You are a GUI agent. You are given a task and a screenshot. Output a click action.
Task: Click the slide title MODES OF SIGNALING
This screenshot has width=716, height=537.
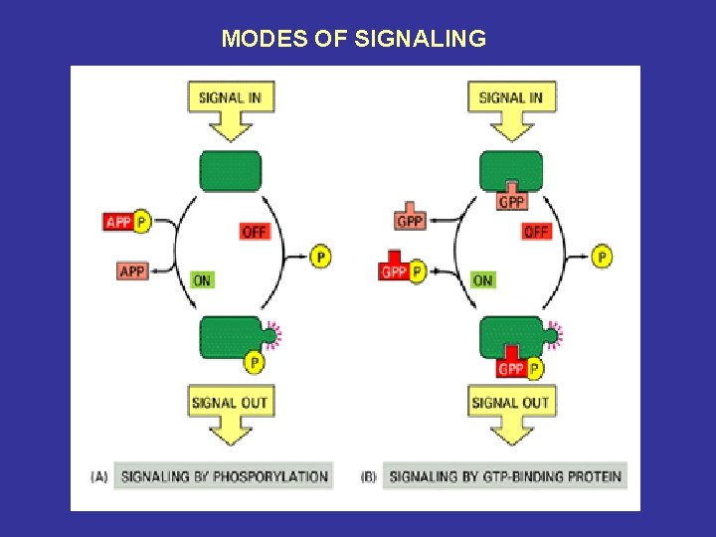353,39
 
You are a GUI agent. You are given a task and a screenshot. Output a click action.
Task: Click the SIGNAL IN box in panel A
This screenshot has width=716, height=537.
231,97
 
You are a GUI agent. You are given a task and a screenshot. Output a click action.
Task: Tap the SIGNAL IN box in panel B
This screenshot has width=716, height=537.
511,97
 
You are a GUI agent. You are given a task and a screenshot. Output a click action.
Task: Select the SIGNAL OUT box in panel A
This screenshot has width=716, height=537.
230,402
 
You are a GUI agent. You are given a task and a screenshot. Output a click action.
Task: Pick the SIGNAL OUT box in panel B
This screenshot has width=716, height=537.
510,402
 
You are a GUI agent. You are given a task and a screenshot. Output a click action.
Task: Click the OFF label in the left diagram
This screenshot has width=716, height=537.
255,231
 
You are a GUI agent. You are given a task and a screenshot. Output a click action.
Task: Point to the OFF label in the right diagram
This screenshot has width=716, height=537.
536,231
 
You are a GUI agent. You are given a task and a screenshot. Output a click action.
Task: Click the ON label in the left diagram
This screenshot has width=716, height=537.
202,280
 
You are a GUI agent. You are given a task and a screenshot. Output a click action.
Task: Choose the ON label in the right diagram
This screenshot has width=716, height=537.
482,280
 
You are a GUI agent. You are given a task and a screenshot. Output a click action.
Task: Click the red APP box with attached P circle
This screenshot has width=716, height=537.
118,222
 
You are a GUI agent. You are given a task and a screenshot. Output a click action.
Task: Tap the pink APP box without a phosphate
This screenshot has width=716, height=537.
132,270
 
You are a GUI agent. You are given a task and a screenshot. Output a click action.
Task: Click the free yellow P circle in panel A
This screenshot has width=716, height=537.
320,257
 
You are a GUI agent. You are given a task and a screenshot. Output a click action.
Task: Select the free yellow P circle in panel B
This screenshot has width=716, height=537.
602,257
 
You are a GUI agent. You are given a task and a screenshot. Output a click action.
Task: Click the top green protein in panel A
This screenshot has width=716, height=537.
231,170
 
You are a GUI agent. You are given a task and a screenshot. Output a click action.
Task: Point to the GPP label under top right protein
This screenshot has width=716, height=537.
512,201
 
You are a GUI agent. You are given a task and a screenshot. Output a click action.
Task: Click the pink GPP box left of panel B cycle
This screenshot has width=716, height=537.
410,221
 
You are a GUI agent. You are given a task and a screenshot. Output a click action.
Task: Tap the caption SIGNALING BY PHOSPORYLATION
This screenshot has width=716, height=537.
224,476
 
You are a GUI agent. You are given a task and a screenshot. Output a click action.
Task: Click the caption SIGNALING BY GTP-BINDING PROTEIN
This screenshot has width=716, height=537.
505,476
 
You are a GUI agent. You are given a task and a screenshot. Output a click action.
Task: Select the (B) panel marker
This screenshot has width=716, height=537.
368,477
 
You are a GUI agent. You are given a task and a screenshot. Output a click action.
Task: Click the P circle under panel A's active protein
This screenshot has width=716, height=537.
255,363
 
